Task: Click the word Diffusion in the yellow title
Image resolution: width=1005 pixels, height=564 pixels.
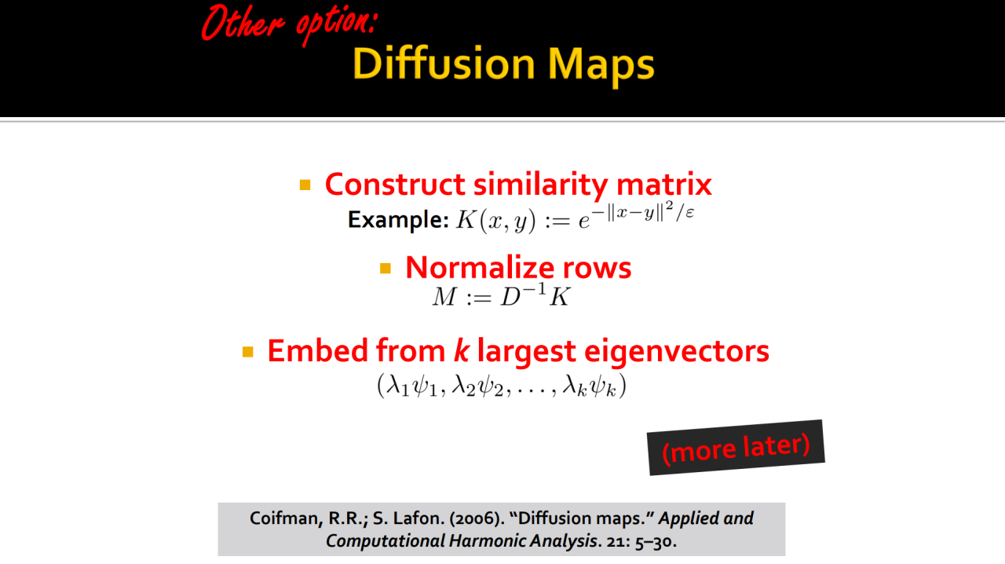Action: click(444, 64)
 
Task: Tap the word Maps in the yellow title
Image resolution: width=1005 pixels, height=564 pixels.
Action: click(601, 67)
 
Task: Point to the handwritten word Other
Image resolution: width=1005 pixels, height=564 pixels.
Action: click(243, 23)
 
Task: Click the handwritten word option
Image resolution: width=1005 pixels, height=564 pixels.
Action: click(337, 24)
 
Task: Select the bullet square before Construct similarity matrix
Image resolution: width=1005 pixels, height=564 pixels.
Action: click(305, 185)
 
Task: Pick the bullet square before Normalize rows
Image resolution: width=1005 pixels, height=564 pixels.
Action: click(386, 268)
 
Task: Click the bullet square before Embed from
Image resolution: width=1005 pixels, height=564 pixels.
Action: click(247, 352)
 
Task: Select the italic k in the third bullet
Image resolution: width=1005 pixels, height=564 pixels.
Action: click(461, 350)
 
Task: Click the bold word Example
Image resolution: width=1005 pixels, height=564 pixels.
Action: click(398, 220)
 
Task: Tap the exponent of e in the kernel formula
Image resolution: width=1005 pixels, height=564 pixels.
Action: click(643, 211)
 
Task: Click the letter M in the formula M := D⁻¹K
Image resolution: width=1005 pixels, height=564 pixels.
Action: click(444, 297)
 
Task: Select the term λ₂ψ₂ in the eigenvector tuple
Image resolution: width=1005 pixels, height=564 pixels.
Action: click(478, 386)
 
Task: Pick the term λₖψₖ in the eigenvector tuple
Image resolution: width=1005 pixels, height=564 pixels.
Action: click(590, 386)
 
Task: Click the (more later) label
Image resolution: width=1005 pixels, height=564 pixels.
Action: click(736, 448)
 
